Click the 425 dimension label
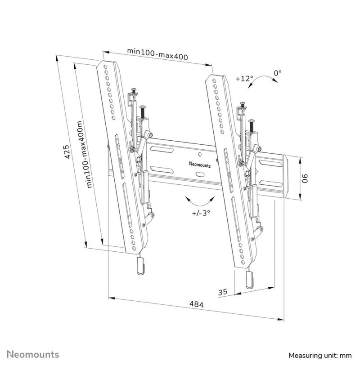67,152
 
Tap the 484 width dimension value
196,304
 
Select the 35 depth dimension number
222,292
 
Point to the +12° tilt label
244,78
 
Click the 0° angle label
278,73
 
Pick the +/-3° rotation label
201,213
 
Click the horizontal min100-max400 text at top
157,54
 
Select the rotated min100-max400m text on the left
84,154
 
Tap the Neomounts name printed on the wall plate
200,165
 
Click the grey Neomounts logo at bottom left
33,354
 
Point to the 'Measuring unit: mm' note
320,355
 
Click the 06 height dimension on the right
306,178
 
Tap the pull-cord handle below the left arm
140,266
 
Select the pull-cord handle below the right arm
249,280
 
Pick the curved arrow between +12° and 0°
262,79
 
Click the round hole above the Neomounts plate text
200,154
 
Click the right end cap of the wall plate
285,176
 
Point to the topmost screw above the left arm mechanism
134,91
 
